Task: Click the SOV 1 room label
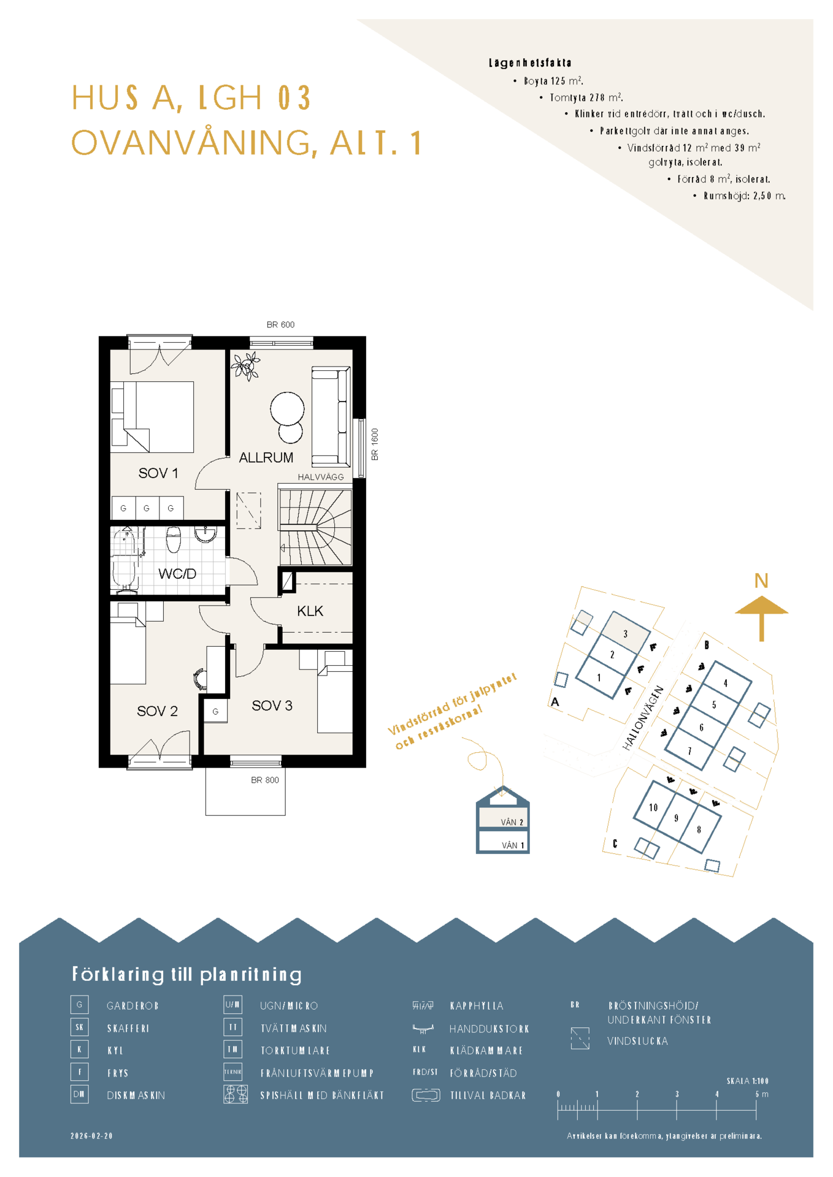click(158, 473)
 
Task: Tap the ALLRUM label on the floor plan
click(266, 457)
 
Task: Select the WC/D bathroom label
click(177, 574)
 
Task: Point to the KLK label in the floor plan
click(310, 611)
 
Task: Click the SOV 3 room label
click(272, 706)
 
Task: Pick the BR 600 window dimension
click(280, 325)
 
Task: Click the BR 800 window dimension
click(265, 780)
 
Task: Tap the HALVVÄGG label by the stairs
click(321, 477)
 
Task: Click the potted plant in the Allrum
click(246, 366)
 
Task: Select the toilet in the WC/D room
click(174, 539)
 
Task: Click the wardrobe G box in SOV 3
click(215, 712)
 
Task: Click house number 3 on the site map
click(626, 634)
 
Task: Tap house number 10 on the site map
click(653, 807)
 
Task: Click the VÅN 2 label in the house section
click(512, 823)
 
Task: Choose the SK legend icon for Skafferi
click(80, 1027)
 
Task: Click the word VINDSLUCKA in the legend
click(637, 1041)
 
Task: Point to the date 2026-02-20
click(91, 1136)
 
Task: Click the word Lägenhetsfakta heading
click(530, 63)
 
